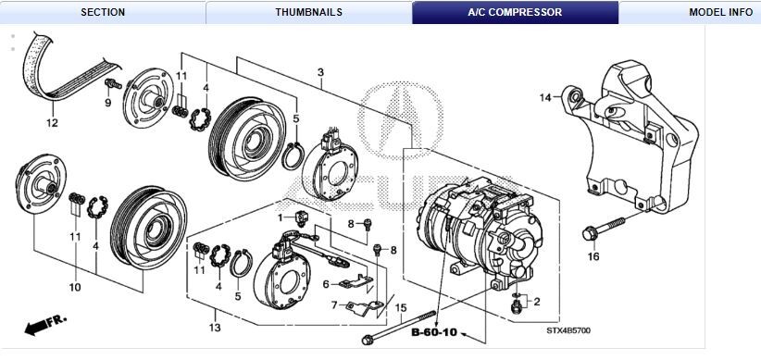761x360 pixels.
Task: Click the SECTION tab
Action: pyautogui.click(x=102, y=12)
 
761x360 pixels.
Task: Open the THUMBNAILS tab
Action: pyautogui.click(x=308, y=12)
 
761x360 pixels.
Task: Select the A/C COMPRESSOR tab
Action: pyautogui.click(x=515, y=12)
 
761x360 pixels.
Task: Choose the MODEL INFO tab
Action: pyautogui.click(x=720, y=12)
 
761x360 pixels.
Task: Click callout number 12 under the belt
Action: pyautogui.click(x=52, y=123)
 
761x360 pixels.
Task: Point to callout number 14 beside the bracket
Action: pyautogui.click(x=545, y=97)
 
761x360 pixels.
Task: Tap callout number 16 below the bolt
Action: pyautogui.click(x=593, y=256)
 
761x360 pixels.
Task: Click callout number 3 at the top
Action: pyautogui.click(x=320, y=72)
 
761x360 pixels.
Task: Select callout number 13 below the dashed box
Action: pyautogui.click(x=215, y=328)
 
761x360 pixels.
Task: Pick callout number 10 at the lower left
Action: pyautogui.click(x=74, y=287)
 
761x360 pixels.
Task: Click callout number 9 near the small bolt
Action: pyautogui.click(x=107, y=102)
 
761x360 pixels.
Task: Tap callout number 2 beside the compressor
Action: pyautogui.click(x=535, y=302)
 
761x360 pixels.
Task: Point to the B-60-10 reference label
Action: pyautogui.click(x=435, y=331)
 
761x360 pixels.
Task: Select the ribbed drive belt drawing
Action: pyautogui.click(x=60, y=72)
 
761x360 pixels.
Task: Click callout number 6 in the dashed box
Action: pyautogui.click(x=326, y=284)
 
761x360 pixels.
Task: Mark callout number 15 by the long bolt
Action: pyautogui.click(x=400, y=308)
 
